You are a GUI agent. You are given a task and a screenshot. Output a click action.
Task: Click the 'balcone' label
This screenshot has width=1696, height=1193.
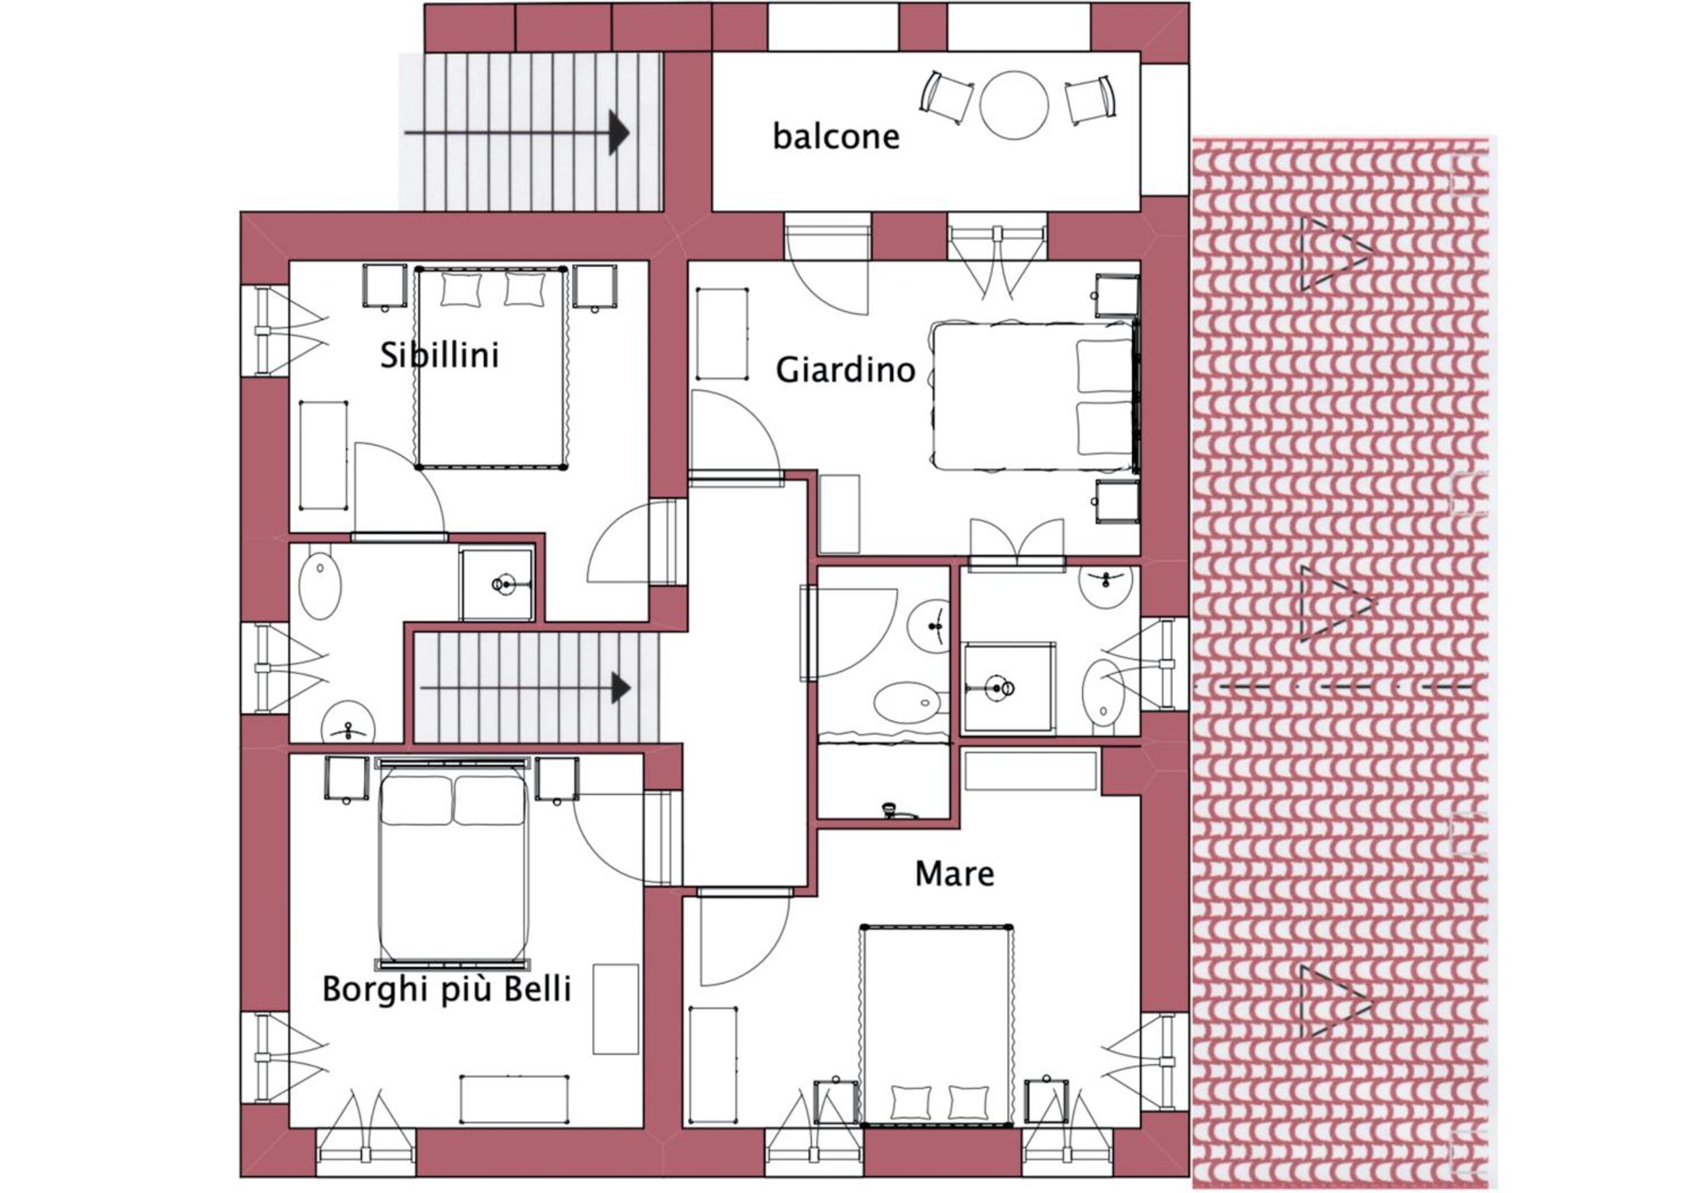pyautogui.click(x=836, y=137)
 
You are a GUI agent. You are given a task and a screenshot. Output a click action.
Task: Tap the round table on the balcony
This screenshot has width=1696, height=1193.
pyautogui.click(x=1013, y=105)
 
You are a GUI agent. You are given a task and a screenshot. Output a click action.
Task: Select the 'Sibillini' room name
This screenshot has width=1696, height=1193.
pyautogui.click(x=439, y=355)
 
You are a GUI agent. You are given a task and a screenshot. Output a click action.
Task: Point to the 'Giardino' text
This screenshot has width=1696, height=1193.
pyautogui.click(x=845, y=369)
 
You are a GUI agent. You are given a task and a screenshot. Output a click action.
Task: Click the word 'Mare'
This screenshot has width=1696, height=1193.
pyautogui.click(x=954, y=874)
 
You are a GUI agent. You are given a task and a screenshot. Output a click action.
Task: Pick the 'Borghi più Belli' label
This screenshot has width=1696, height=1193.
pyautogui.click(x=447, y=990)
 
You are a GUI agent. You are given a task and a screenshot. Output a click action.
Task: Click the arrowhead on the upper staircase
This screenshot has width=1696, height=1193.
pyautogui.click(x=618, y=133)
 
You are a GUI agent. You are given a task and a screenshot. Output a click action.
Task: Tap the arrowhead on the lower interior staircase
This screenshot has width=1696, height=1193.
pyautogui.click(x=620, y=689)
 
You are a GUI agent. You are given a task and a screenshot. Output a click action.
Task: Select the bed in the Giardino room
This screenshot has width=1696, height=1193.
pyautogui.click(x=1034, y=396)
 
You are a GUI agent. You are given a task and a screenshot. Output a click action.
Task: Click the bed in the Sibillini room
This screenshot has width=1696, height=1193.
pyautogui.click(x=491, y=368)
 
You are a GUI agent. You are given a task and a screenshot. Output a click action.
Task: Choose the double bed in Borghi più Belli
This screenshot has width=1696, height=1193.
pyautogui.click(x=453, y=863)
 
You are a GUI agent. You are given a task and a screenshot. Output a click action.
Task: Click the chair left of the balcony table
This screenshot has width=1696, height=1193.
pyautogui.click(x=946, y=97)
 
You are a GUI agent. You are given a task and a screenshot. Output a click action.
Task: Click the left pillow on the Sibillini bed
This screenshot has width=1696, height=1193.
pyautogui.click(x=461, y=289)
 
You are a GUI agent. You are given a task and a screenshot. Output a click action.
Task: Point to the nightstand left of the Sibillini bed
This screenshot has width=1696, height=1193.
pyautogui.click(x=384, y=285)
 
